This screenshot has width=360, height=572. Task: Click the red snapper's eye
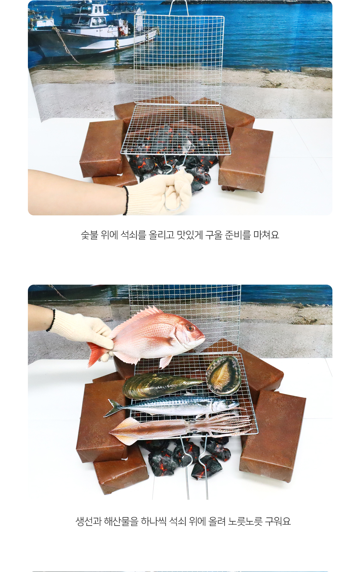[190, 328]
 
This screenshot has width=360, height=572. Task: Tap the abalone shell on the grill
[223, 375]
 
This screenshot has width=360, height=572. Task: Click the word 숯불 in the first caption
[89, 235]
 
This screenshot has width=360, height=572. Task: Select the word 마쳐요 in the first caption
[266, 235]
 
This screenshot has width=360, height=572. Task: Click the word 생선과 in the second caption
[88, 521]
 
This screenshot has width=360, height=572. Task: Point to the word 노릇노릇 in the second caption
[245, 521]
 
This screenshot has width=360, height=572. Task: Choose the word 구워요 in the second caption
[278, 521]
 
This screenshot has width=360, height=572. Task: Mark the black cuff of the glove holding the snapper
[51, 320]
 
